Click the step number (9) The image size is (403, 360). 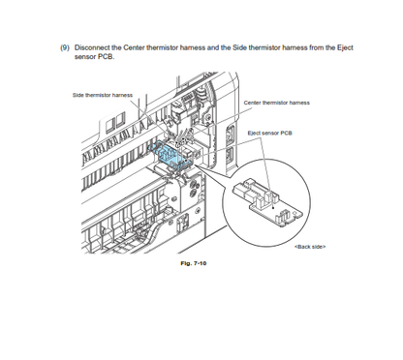[x=65, y=47]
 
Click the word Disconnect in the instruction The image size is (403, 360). [x=92, y=47]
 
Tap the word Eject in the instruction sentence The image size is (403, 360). [x=345, y=47]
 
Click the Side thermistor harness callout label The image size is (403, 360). [x=103, y=95]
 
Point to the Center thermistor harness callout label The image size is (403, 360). [x=277, y=103]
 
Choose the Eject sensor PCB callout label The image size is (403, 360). [x=270, y=133]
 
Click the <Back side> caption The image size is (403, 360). [x=310, y=247]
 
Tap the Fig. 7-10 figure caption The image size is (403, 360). [x=194, y=263]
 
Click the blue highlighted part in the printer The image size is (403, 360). [x=170, y=155]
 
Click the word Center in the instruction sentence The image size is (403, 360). [x=134, y=47]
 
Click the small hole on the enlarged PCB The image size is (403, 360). [x=295, y=214]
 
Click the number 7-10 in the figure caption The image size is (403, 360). [x=200, y=263]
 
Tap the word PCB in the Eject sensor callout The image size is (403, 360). [x=286, y=133]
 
